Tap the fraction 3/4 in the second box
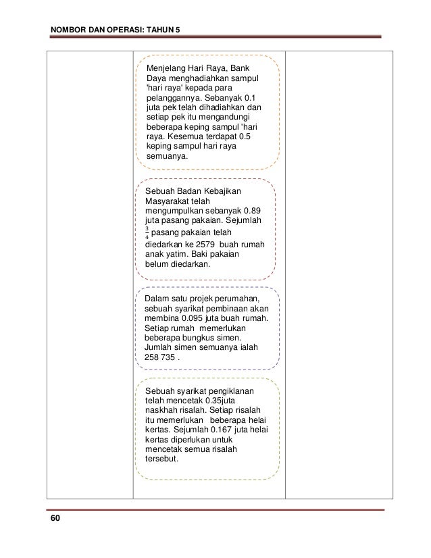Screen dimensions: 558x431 [x=148, y=232]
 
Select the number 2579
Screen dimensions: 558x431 [x=205, y=244]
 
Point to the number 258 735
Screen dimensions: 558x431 [x=159, y=357]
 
